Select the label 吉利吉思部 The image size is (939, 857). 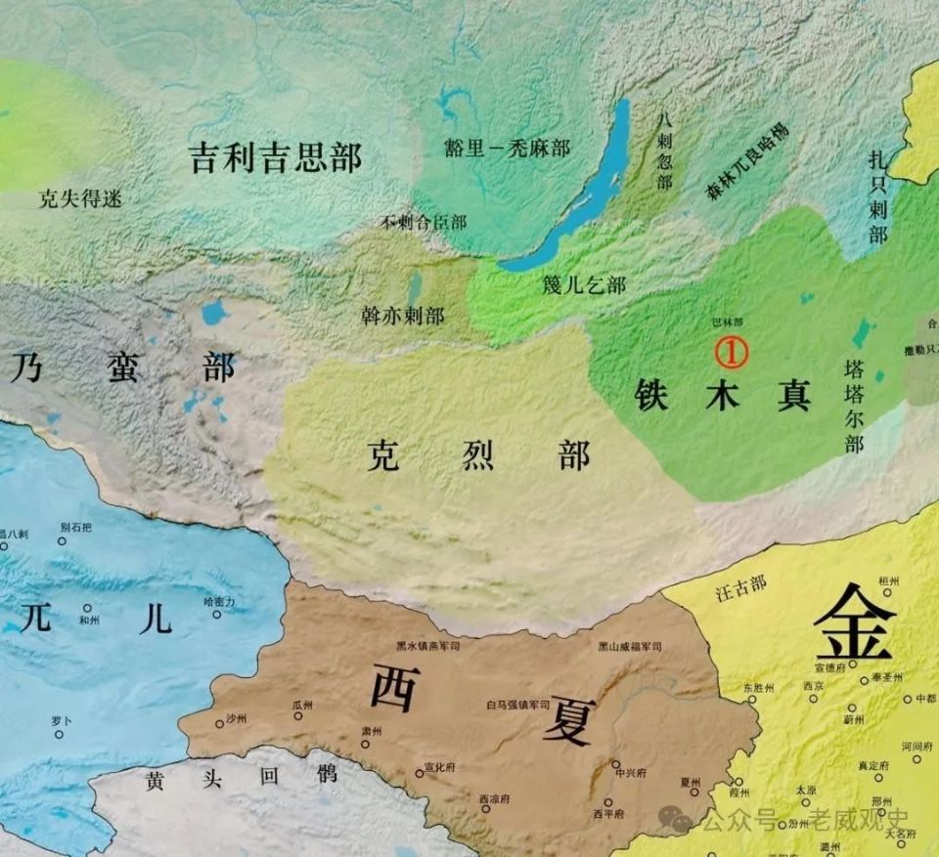click(x=275, y=157)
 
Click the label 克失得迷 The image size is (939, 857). click(x=81, y=199)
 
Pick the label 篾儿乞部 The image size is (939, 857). click(x=583, y=284)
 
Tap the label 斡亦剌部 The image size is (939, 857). click(x=402, y=316)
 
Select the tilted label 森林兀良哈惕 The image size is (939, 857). click(x=747, y=162)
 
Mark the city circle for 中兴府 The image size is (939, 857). click(x=616, y=764)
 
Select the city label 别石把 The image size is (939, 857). click(x=75, y=528)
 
